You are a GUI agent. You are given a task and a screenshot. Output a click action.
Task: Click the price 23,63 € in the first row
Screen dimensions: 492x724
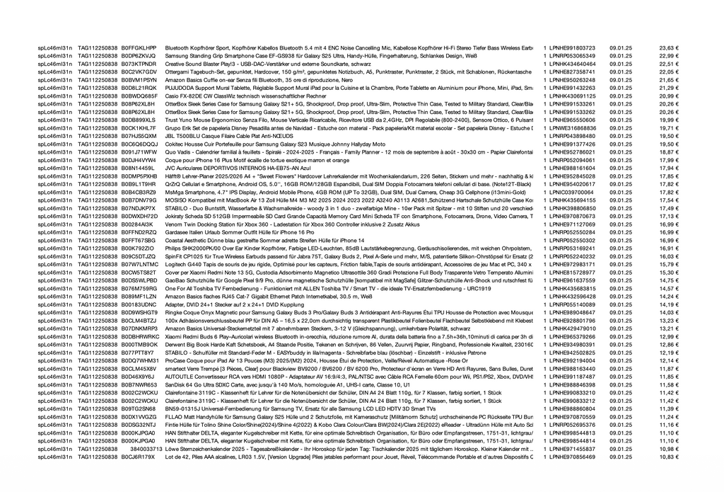pos(668,47)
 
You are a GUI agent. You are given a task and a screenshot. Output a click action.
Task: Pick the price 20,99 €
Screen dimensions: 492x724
pos(668,96)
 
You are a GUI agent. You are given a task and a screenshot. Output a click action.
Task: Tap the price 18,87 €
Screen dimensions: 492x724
pos(668,151)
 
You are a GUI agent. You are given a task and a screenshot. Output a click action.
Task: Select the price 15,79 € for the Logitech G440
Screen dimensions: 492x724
pos(668,264)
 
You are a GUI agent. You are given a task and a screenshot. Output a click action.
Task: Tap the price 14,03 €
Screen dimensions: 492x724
pos(668,312)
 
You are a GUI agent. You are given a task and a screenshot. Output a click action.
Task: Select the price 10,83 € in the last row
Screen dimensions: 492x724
pos(668,457)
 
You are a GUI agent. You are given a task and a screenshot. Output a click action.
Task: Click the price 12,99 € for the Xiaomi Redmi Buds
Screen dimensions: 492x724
pos(668,336)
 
